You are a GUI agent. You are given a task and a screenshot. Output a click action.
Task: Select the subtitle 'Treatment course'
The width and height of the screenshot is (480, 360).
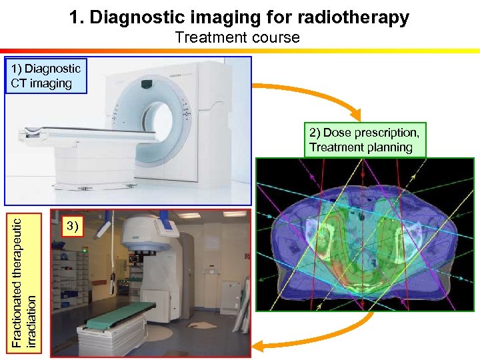tap(237, 37)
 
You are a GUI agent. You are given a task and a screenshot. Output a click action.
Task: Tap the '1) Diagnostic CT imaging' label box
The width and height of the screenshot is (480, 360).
tap(46, 75)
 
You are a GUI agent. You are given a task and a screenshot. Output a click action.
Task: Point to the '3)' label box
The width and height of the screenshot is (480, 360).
tap(72, 226)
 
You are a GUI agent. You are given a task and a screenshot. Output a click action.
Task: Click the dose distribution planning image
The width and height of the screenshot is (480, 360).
tap(365, 234)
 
